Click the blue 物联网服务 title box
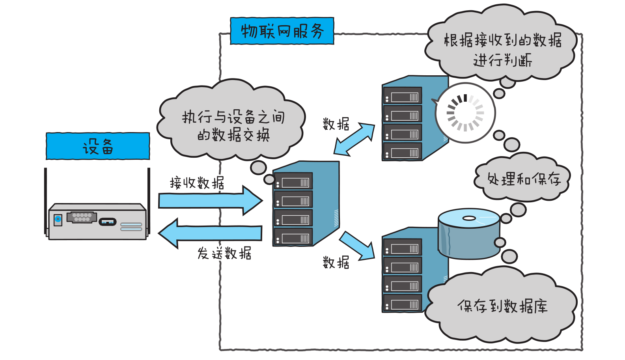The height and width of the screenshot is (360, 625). tap(282, 31)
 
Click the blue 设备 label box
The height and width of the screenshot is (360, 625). tap(98, 146)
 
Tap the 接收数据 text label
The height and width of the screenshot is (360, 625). tap(197, 183)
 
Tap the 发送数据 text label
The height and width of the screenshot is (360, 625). tap(224, 253)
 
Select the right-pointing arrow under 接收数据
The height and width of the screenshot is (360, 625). tap(209, 200)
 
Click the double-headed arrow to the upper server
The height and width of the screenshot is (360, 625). tap(354, 139)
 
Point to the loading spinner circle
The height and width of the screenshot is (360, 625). tap(465, 113)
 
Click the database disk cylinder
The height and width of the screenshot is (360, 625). tap(469, 235)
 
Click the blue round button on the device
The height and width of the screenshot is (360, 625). tap(58, 219)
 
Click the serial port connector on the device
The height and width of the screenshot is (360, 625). tap(82, 217)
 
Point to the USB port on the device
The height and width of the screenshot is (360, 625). tap(107, 222)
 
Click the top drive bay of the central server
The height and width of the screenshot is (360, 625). tap(294, 182)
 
